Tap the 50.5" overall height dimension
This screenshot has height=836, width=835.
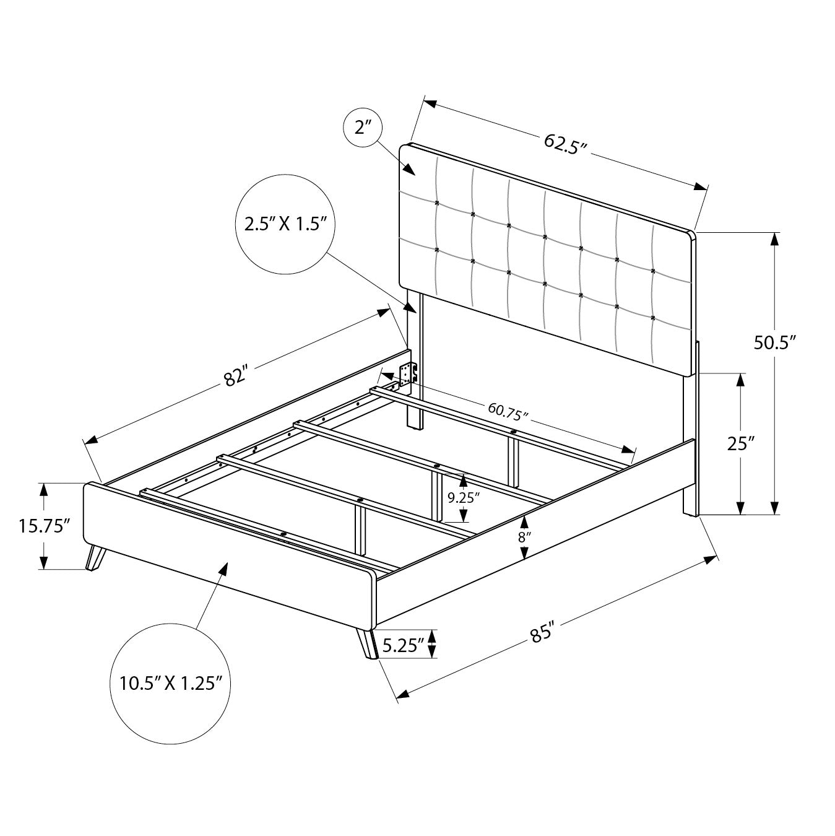(774, 342)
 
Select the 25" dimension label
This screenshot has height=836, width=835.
(741, 443)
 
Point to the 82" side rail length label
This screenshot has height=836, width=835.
(236, 376)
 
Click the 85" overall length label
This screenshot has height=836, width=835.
(542, 638)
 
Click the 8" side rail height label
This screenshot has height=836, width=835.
(524, 538)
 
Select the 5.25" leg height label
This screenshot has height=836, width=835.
(402, 645)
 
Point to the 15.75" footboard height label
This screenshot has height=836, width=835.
(44, 526)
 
